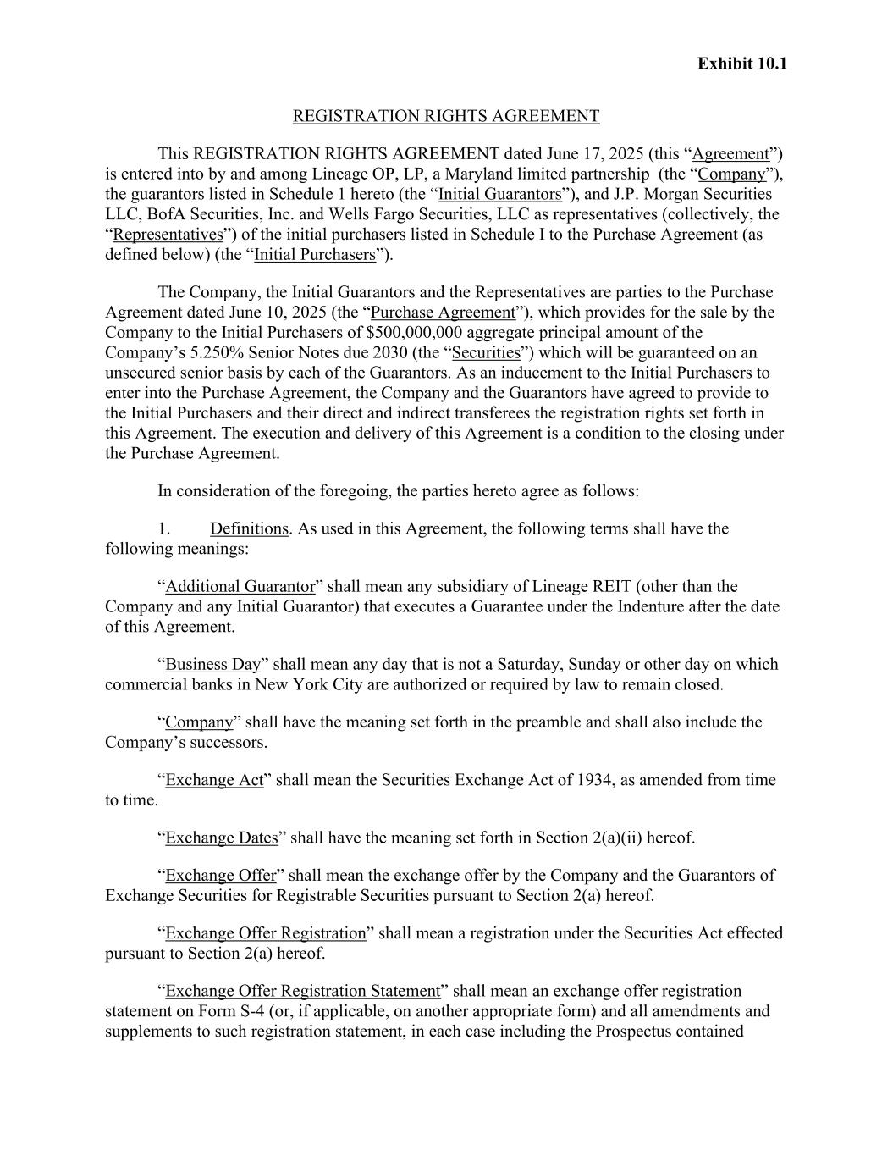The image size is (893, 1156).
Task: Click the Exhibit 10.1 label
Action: [x=741, y=64]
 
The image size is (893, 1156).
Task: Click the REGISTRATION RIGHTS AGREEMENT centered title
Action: [x=446, y=116]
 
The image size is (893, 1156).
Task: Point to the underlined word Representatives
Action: [x=168, y=235]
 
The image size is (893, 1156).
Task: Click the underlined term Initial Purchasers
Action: [x=314, y=255]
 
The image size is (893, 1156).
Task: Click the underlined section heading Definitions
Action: [x=249, y=528]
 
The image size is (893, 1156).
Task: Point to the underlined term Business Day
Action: [x=212, y=665]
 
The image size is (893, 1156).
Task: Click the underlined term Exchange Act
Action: [x=214, y=780]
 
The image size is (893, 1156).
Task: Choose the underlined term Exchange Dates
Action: [x=221, y=838]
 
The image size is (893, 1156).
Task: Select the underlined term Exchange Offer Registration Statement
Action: [x=302, y=991]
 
